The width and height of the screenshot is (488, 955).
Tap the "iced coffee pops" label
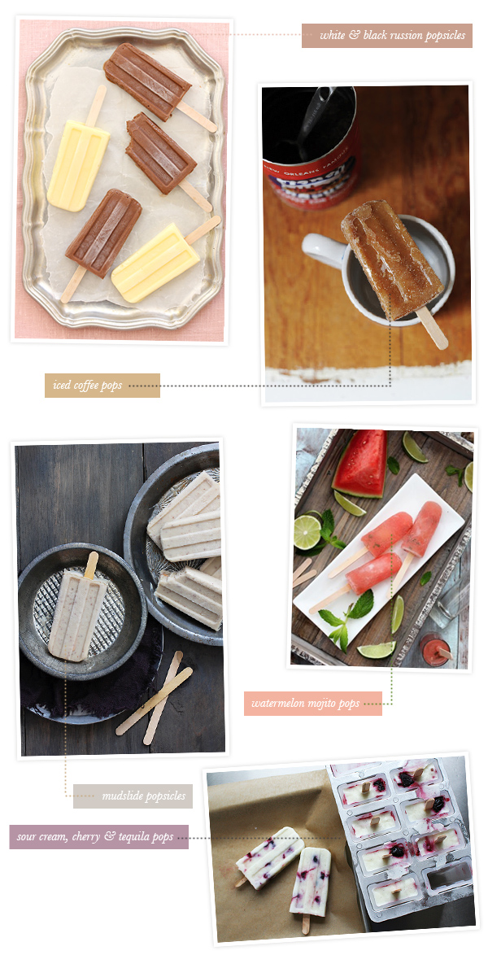pos(102,386)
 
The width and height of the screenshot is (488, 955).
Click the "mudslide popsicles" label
pos(133,796)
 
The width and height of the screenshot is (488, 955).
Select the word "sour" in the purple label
pos(26,837)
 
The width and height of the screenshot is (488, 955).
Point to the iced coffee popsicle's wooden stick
pos(432,327)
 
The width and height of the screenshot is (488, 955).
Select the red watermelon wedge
pos(360,463)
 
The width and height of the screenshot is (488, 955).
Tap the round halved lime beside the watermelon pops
pos(307,532)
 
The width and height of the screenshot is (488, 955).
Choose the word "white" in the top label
pos(332,35)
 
